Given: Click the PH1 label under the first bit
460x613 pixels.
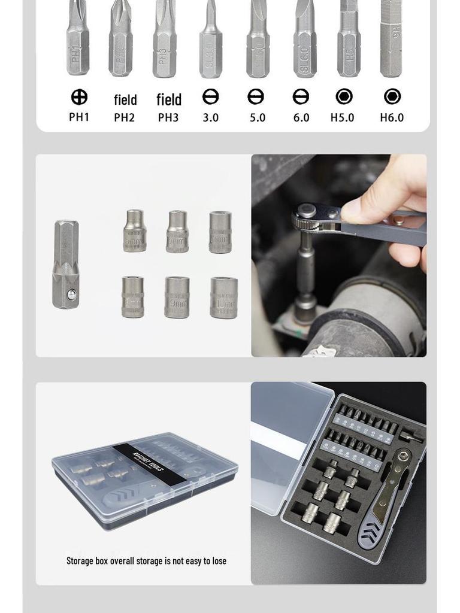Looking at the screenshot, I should point(79,117).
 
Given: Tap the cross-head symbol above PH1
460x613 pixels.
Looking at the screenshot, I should point(79,97).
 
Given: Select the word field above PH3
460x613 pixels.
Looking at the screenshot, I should point(169,99).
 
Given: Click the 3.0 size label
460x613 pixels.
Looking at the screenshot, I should point(210,117).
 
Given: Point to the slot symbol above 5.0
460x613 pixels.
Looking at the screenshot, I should point(256,97).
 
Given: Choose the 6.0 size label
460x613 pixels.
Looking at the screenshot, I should point(301,117).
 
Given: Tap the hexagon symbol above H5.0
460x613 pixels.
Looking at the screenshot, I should point(344,96).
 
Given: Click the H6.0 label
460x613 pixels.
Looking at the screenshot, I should point(392,117).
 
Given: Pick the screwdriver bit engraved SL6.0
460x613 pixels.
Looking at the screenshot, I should point(304,39).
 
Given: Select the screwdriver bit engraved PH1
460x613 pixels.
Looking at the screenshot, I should point(78,39).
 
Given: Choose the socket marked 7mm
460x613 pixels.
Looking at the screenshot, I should point(220,232).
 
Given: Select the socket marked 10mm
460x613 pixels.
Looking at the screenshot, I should point(223,297).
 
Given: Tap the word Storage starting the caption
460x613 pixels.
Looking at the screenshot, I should point(80,561).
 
